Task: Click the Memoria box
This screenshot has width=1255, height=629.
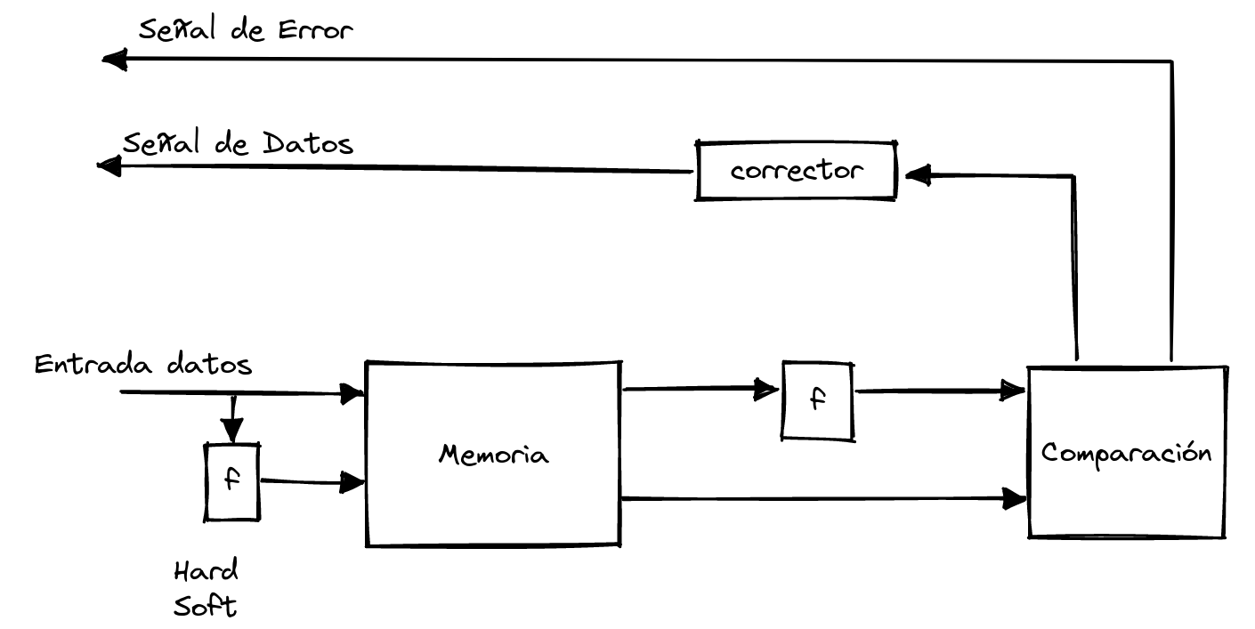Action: point(493,454)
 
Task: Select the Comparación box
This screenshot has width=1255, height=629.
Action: point(1127,452)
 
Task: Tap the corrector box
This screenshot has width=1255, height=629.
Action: point(796,170)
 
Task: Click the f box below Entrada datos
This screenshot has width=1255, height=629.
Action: point(232,481)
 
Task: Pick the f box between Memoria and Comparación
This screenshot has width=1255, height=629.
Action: point(817,399)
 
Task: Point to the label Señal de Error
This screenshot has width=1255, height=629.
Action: point(247,32)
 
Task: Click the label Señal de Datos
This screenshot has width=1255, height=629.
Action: point(238,143)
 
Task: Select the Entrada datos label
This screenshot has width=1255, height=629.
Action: point(142,365)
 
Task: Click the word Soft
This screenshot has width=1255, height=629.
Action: point(206,607)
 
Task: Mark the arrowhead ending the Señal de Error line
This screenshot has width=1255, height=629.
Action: point(115,60)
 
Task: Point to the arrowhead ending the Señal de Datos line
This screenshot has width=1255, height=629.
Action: point(109,165)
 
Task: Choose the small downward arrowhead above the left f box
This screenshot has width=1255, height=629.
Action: point(232,432)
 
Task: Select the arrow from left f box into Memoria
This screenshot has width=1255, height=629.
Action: point(312,482)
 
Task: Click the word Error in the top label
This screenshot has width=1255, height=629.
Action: point(318,31)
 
